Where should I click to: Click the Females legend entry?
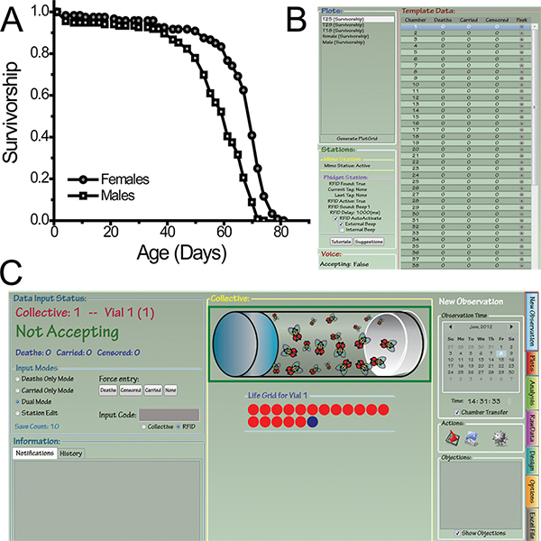tap(127, 179)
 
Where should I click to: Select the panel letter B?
tap(295, 17)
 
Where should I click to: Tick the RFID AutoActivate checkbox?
tap(336, 218)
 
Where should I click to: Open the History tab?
tap(71, 453)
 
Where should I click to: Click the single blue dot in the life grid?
tap(312, 421)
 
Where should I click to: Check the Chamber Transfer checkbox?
tap(459, 412)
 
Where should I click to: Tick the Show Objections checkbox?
tap(461, 533)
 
